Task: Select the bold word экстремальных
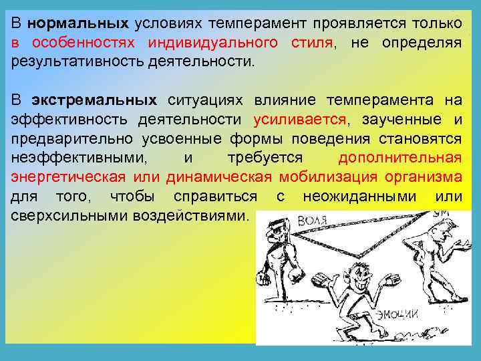point(94,100)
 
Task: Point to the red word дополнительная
point(399,158)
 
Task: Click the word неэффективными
point(73,158)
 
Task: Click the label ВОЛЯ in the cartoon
point(313,221)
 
